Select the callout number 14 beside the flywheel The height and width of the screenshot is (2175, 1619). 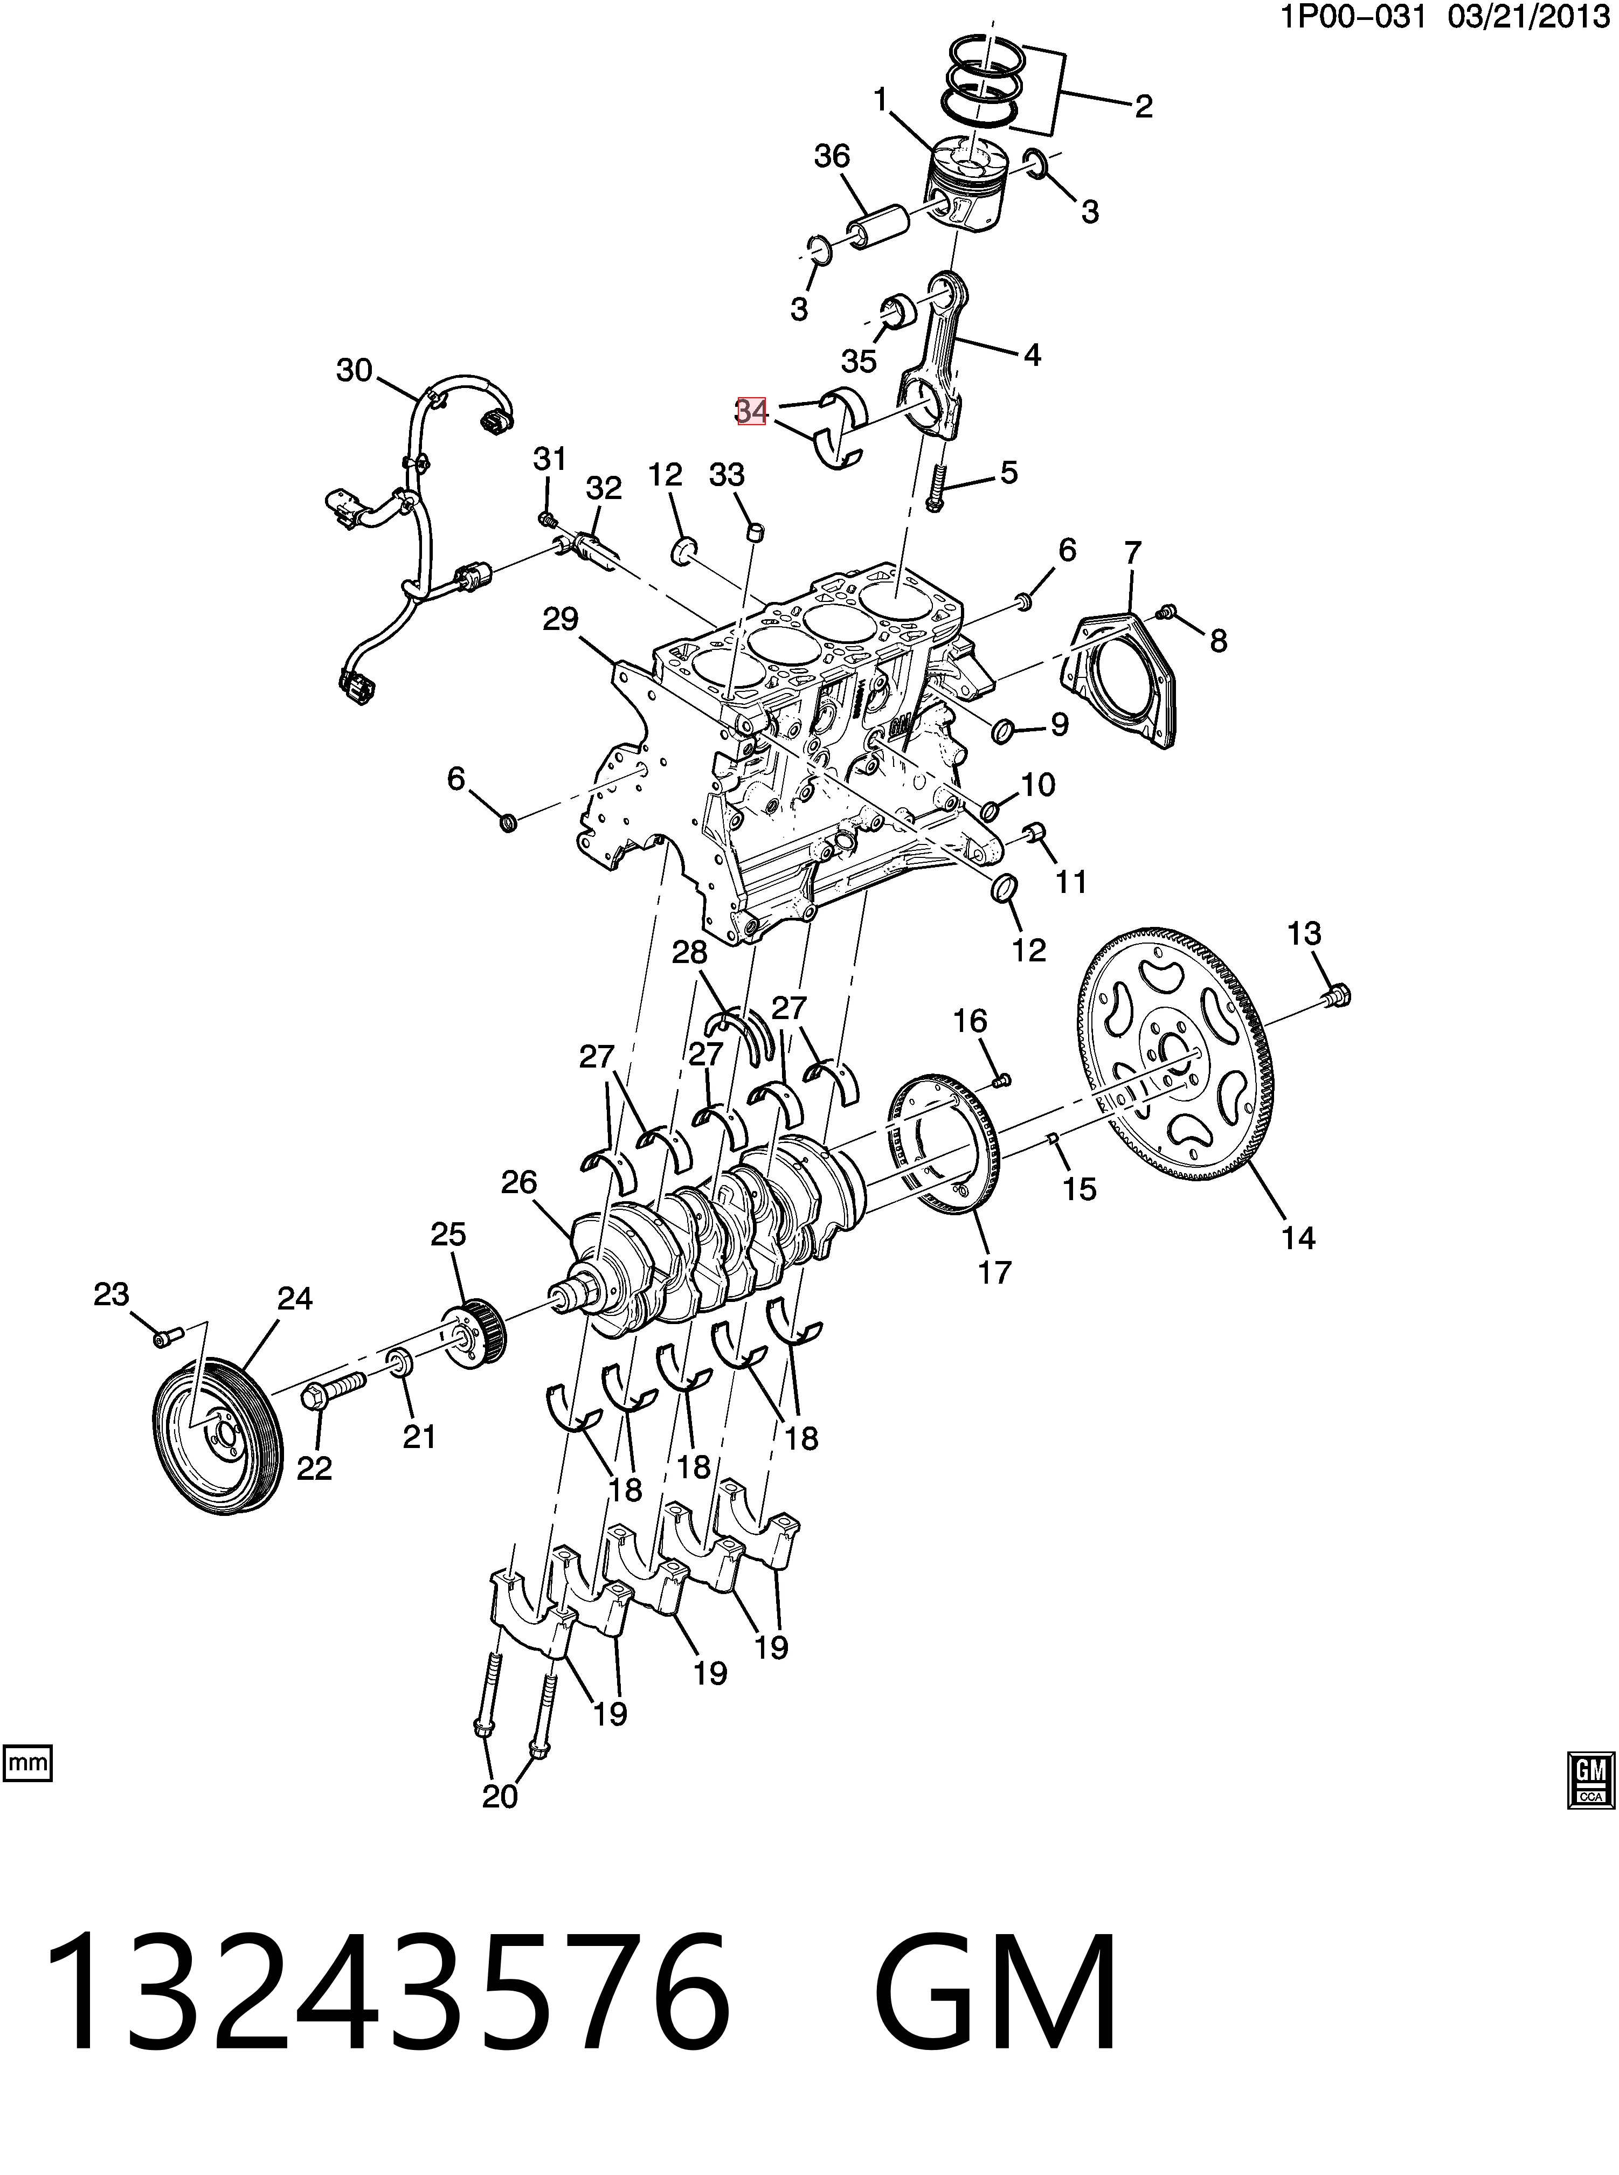1298,1237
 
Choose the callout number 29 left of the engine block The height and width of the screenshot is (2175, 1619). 561,619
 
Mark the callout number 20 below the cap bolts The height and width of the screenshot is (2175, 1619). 500,1796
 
